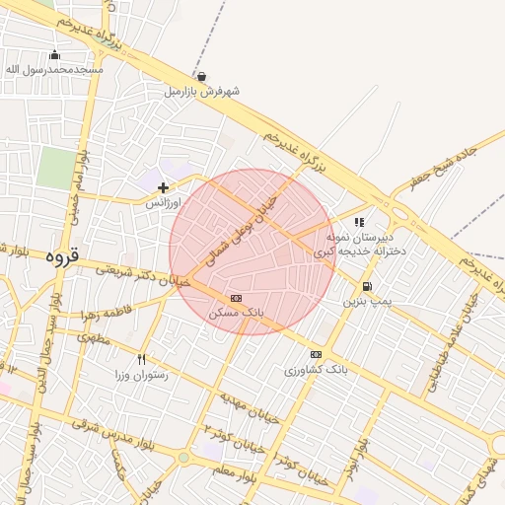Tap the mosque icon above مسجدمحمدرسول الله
click(54, 55)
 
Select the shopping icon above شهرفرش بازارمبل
click(202, 77)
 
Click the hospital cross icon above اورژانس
click(163, 187)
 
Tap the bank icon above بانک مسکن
click(236, 298)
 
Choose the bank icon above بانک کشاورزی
click(316, 354)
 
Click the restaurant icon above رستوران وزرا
click(142, 360)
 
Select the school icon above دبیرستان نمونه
click(360, 223)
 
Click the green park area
click(56, 168)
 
